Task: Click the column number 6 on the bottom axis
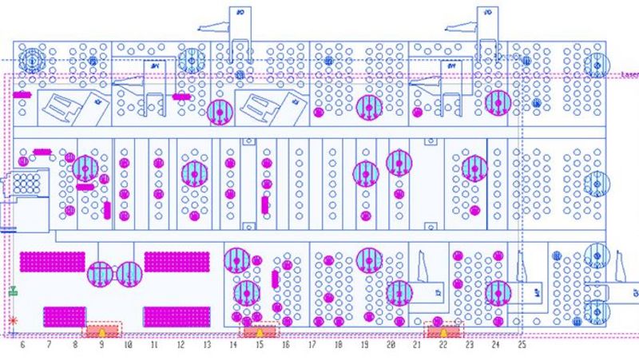coord(22,346)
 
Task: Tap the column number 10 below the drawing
coord(128,346)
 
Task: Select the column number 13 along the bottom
coord(207,346)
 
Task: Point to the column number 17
coord(312,346)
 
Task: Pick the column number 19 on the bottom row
coord(364,346)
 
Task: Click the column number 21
coord(416,346)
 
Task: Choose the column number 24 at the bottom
coord(495,346)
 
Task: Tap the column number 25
coord(522,346)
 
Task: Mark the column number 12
coord(181,346)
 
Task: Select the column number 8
coord(75,346)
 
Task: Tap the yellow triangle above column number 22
coord(443,331)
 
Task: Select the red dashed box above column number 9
coord(102,330)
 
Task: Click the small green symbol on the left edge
coord(13,293)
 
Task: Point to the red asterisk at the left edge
coord(13,321)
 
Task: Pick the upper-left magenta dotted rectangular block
coord(53,263)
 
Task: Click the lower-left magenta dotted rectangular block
coord(64,316)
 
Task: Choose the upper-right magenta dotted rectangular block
coord(177,263)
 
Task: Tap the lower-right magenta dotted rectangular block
coord(177,316)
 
